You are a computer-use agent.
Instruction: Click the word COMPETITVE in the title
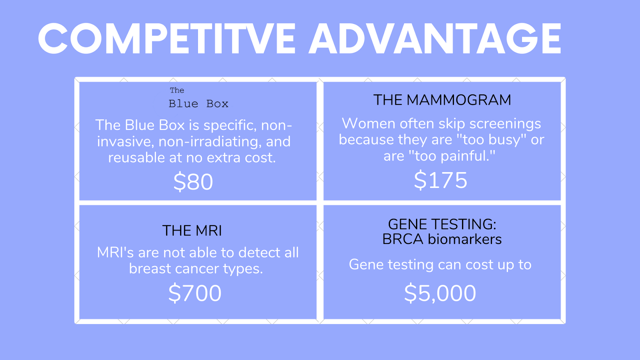(x=166, y=38)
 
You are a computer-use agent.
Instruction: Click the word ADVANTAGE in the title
(x=435, y=38)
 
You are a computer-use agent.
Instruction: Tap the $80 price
(x=193, y=182)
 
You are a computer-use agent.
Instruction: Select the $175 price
(x=440, y=180)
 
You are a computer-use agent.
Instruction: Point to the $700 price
(x=195, y=293)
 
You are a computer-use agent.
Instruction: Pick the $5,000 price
(x=440, y=293)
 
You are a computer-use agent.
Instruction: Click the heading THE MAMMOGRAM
(x=442, y=100)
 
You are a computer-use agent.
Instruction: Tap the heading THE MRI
(x=192, y=230)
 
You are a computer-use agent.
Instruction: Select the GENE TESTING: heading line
(x=442, y=224)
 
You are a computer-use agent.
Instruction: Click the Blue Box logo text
(x=198, y=104)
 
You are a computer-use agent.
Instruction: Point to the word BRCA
(x=403, y=239)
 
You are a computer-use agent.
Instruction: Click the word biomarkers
(x=464, y=239)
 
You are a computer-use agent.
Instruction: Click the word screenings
(x=505, y=124)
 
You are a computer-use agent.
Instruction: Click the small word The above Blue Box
(x=177, y=90)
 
